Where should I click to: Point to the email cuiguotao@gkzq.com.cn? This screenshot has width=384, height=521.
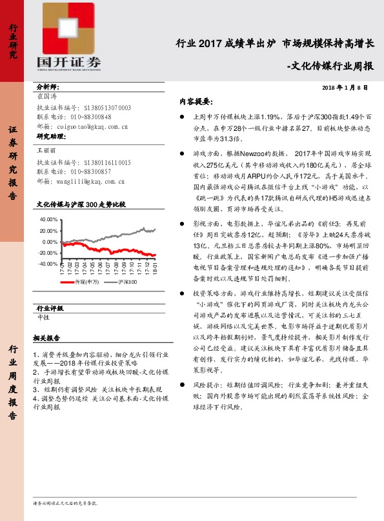[91, 127]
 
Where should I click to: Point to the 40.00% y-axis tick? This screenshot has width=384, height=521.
[48, 220]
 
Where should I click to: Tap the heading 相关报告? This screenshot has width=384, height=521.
[46, 339]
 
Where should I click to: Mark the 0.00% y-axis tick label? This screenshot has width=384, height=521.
[48, 242]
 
